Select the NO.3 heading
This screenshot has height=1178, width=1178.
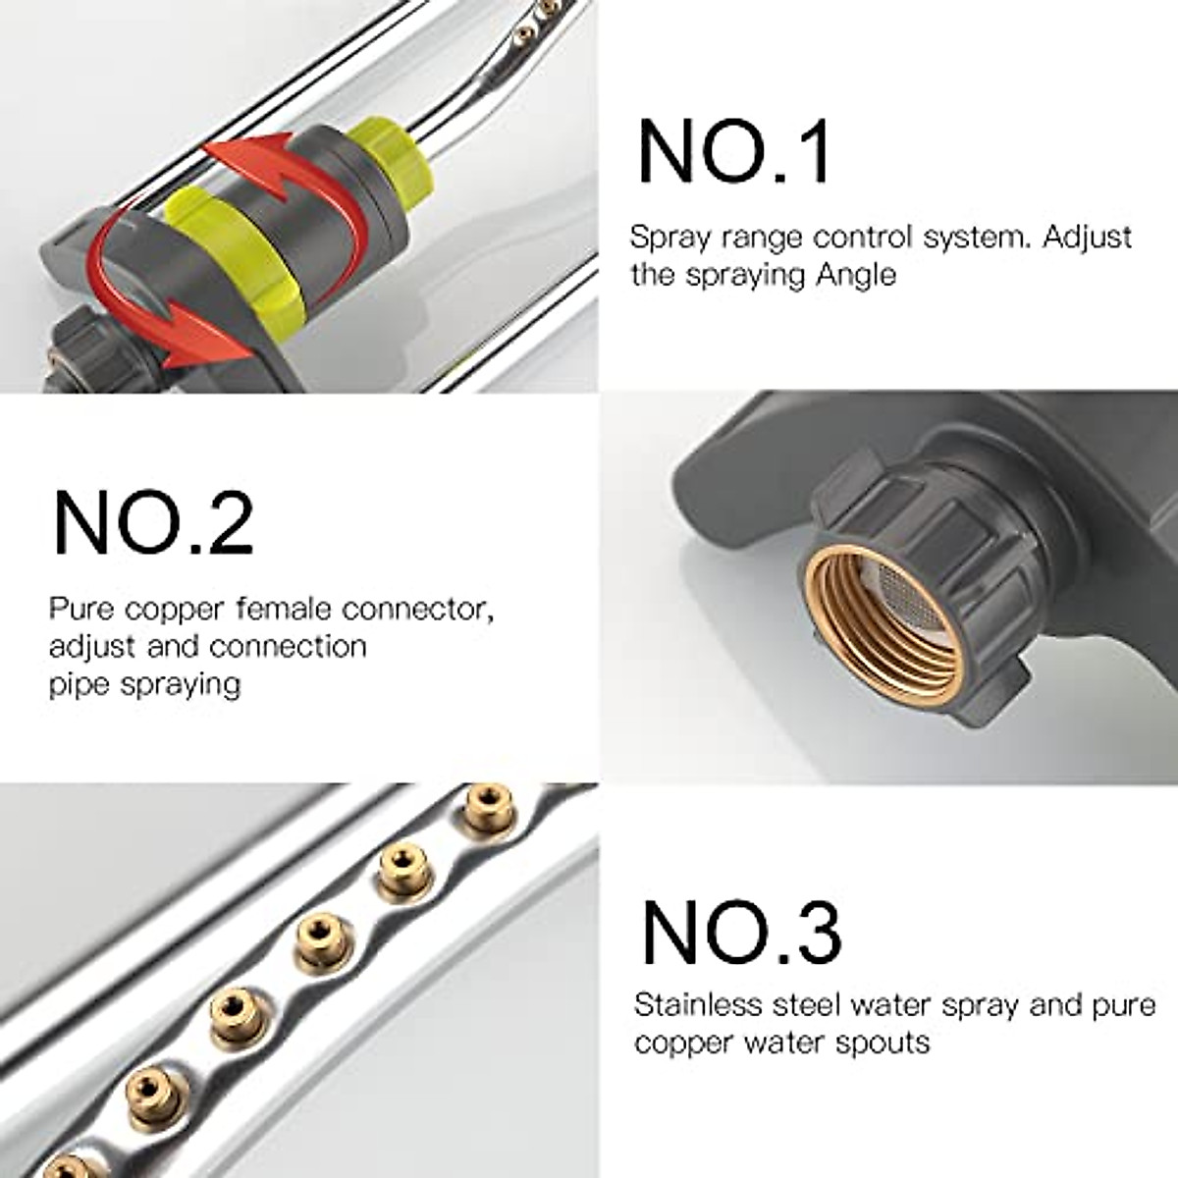[x=741, y=934]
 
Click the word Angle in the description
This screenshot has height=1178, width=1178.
[x=857, y=275]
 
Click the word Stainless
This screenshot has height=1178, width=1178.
[x=699, y=1005]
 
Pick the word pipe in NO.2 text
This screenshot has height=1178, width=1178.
[x=80, y=684]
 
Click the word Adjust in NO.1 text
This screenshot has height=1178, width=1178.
[x=1087, y=238]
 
